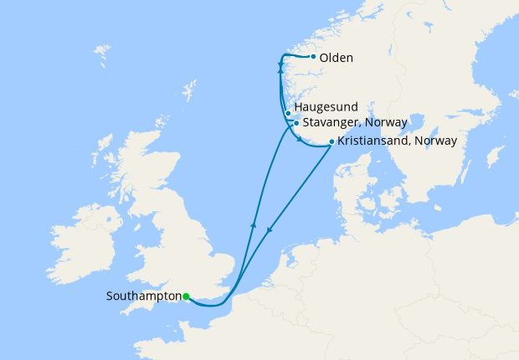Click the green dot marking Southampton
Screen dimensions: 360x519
point(186,296)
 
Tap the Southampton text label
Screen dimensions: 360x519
point(144,296)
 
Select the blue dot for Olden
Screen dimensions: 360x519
point(313,57)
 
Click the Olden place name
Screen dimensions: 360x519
point(336,58)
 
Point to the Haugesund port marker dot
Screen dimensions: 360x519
point(288,113)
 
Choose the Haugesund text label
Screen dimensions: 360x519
point(326,107)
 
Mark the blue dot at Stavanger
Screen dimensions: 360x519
point(295,123)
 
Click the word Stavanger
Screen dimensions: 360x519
point(332,123)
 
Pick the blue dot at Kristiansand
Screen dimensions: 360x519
point(331,141)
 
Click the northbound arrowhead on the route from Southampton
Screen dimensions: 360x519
point(253,224)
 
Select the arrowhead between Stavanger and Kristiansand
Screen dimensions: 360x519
point(300,140)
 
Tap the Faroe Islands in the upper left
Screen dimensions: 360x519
point(102,57)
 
